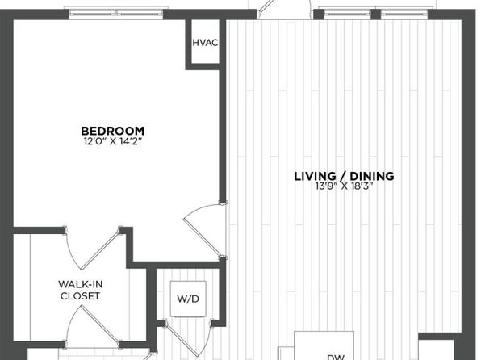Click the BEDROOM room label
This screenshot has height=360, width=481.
[112, 131]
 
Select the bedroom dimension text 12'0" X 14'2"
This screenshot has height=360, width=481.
[113, 141]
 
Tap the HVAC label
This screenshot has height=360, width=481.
[205, 43]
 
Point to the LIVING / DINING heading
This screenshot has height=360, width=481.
[344, 176]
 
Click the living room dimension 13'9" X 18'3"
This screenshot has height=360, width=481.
[344, 186]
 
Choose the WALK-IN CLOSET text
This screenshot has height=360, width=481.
[81, 290]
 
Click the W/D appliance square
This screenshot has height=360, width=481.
[188, 299]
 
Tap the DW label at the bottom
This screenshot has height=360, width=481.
[335, 357]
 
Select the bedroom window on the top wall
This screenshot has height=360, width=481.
[116, 14]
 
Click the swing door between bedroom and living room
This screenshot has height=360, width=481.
[205, 230]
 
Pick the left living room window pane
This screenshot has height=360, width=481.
[347, 14]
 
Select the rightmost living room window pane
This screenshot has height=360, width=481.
[404, 14]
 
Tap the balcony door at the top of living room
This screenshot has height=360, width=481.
[285, 9]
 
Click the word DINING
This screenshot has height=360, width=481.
[372, 176]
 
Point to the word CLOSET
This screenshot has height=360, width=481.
[81, 296]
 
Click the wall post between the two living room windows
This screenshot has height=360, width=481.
[376, 14]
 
